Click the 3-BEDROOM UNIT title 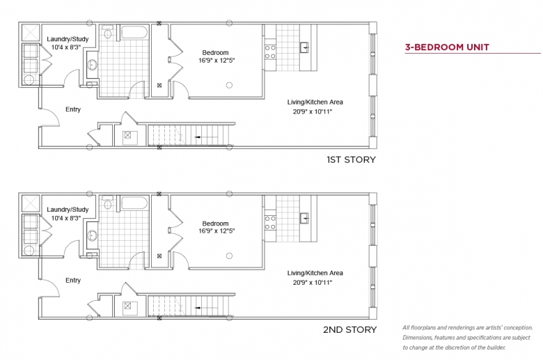[447, 47]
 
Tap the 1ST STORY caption [351, 159]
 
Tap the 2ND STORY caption [349, 329]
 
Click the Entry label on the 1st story [73, 109]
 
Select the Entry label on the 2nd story [73, 281]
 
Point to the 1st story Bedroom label [215, 53]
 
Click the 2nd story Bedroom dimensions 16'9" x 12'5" [217, 231]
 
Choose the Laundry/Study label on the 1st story [68, 39]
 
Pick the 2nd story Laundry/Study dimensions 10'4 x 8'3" [66, 218]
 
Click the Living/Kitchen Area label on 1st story [315, 102]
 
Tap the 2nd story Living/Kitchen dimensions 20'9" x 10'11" [313, 283]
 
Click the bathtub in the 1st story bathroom [134, 32]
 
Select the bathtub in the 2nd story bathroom [134, 203]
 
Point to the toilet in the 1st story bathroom [108, 32]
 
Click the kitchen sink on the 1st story [304, 47]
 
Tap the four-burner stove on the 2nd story [270, 223]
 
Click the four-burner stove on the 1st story [270, 52]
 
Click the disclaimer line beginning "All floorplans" [468, 327]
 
